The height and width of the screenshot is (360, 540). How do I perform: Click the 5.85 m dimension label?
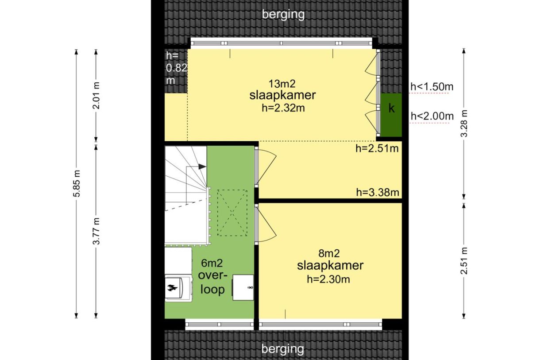[x=77, y=183]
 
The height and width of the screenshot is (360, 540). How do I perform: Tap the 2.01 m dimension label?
[x=96, y=96]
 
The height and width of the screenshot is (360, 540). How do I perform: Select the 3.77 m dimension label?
[x=96, y=231]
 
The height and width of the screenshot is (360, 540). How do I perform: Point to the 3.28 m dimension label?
[x=464, y=124]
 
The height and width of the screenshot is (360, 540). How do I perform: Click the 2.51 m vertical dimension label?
[x=464, y=261]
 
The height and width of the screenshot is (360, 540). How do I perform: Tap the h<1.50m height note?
[x=432, y=87]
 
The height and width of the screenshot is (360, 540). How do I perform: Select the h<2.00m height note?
[x=432, y=116]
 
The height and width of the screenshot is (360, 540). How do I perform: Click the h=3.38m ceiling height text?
[x=378, y=193]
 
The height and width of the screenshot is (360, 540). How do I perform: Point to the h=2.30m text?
[x=328, y=279]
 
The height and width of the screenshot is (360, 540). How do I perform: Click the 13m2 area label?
[x=282, y=84]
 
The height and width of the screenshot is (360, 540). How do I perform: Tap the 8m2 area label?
[x=329, y=253]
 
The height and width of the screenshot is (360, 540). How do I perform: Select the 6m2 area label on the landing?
[x=212, y=263]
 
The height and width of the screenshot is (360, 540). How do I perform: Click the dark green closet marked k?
[x=391, y=115]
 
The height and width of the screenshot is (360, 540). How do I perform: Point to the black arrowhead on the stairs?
[x=202, y=166]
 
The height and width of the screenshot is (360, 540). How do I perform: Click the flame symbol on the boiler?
[x=172, y=288]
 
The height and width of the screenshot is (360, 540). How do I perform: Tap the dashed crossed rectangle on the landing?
[x=232, y=213]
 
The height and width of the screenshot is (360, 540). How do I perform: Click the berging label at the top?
[x=283, y=14]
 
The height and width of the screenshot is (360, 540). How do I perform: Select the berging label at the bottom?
[x=283, y=349]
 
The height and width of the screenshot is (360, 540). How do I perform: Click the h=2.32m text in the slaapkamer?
[x=283, y=108]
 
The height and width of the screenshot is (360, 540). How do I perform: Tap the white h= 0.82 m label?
[x=176, y=68]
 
